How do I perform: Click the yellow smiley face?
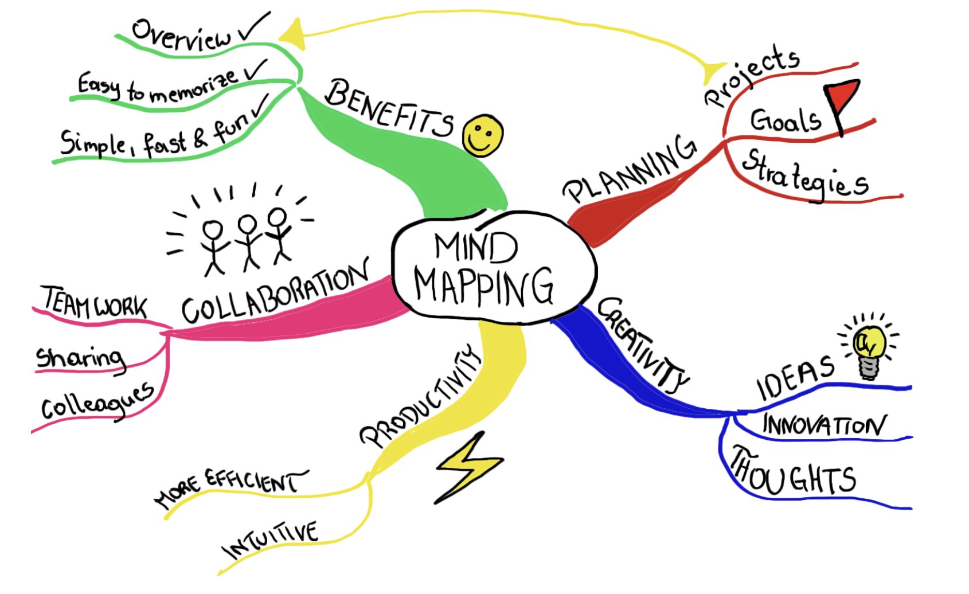point(483,136)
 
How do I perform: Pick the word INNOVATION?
point(823,425)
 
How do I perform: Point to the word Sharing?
point(80,358)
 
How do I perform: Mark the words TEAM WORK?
point(95,302)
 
